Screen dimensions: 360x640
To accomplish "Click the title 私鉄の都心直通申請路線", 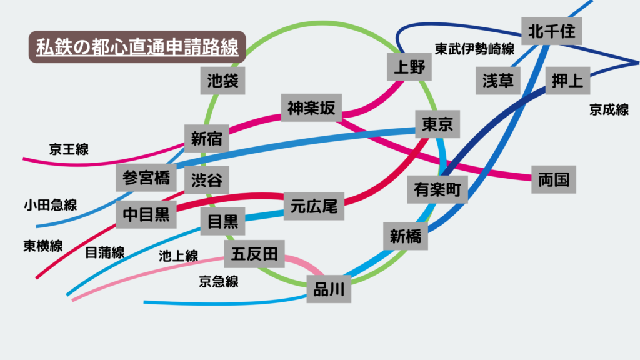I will point(137,47).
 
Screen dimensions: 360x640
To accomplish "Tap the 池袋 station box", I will point(223,80).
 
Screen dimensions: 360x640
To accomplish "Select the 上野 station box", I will point(409,67).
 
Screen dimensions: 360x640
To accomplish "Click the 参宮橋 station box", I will point(146,178).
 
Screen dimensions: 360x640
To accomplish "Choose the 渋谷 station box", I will point(206,180).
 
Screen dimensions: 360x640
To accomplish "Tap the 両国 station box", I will point(553,180).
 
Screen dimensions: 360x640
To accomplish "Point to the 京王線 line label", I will point(69,149).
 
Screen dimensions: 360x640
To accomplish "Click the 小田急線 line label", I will point(51,205).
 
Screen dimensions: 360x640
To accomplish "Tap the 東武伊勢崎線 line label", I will point(475,49).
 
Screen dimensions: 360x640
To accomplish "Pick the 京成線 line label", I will point(609,110).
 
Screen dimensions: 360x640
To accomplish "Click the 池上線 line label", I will point(178,255).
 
